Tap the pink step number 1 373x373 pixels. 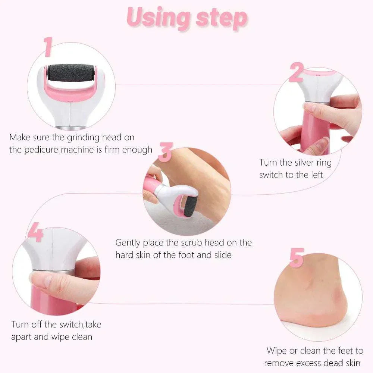[x=47, y=47]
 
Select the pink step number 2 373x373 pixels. [x=296, y=72]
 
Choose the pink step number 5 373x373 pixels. [x=297, y=258]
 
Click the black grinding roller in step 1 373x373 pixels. [x=71, y=73]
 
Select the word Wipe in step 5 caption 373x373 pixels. [x=277, y=351]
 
